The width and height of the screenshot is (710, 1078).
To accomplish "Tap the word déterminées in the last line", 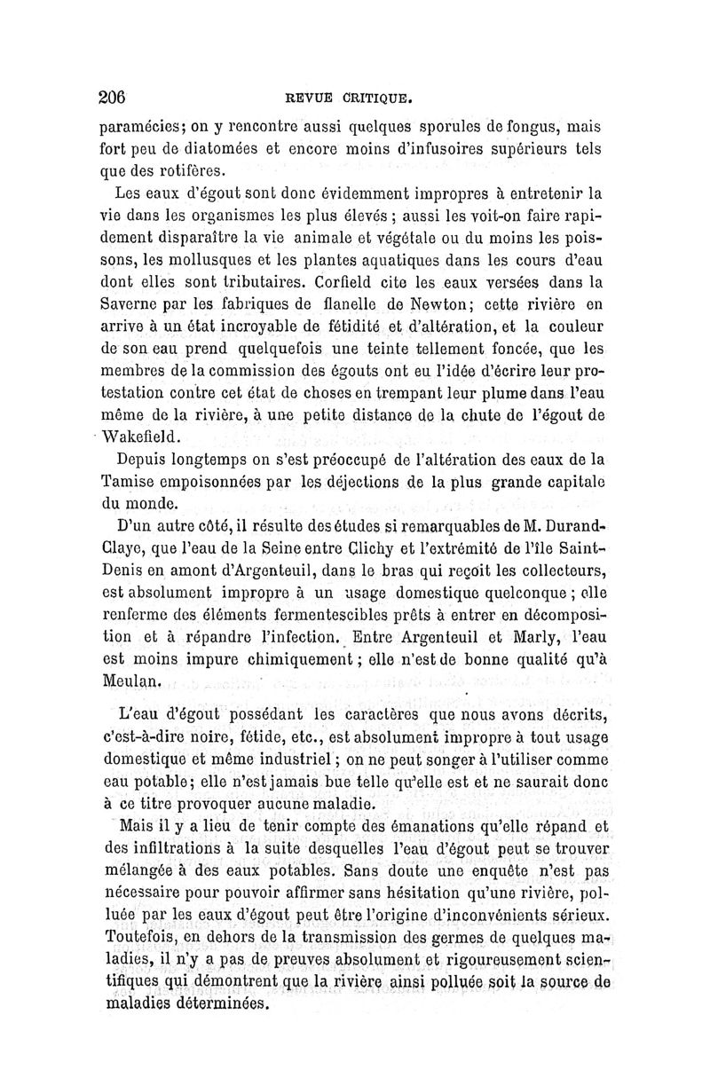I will click(x=217, y=1005).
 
